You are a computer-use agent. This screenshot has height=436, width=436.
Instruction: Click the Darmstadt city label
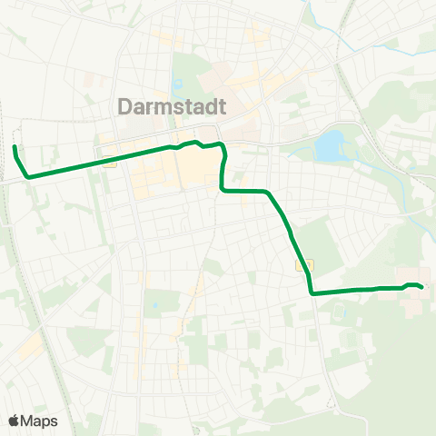click(x=173, y=107)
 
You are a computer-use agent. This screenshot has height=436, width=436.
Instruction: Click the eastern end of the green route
click(x=422, y=288)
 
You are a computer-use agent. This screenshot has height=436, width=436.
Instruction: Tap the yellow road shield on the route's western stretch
click(x=109, y=164)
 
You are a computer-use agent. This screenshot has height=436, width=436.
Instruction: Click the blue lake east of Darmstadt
click(x=330, y=144)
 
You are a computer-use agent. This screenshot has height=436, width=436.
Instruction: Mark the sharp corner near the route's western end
click(x=28, y=176)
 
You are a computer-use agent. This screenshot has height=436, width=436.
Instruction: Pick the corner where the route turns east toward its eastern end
click(x=312, y=292)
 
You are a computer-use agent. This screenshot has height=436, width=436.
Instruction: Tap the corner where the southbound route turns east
click(x=223, y=190)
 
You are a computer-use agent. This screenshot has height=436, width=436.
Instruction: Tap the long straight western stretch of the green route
click(x=100, y=160)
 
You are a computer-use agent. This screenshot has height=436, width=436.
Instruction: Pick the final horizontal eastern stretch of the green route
click(x=354, y=290)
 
